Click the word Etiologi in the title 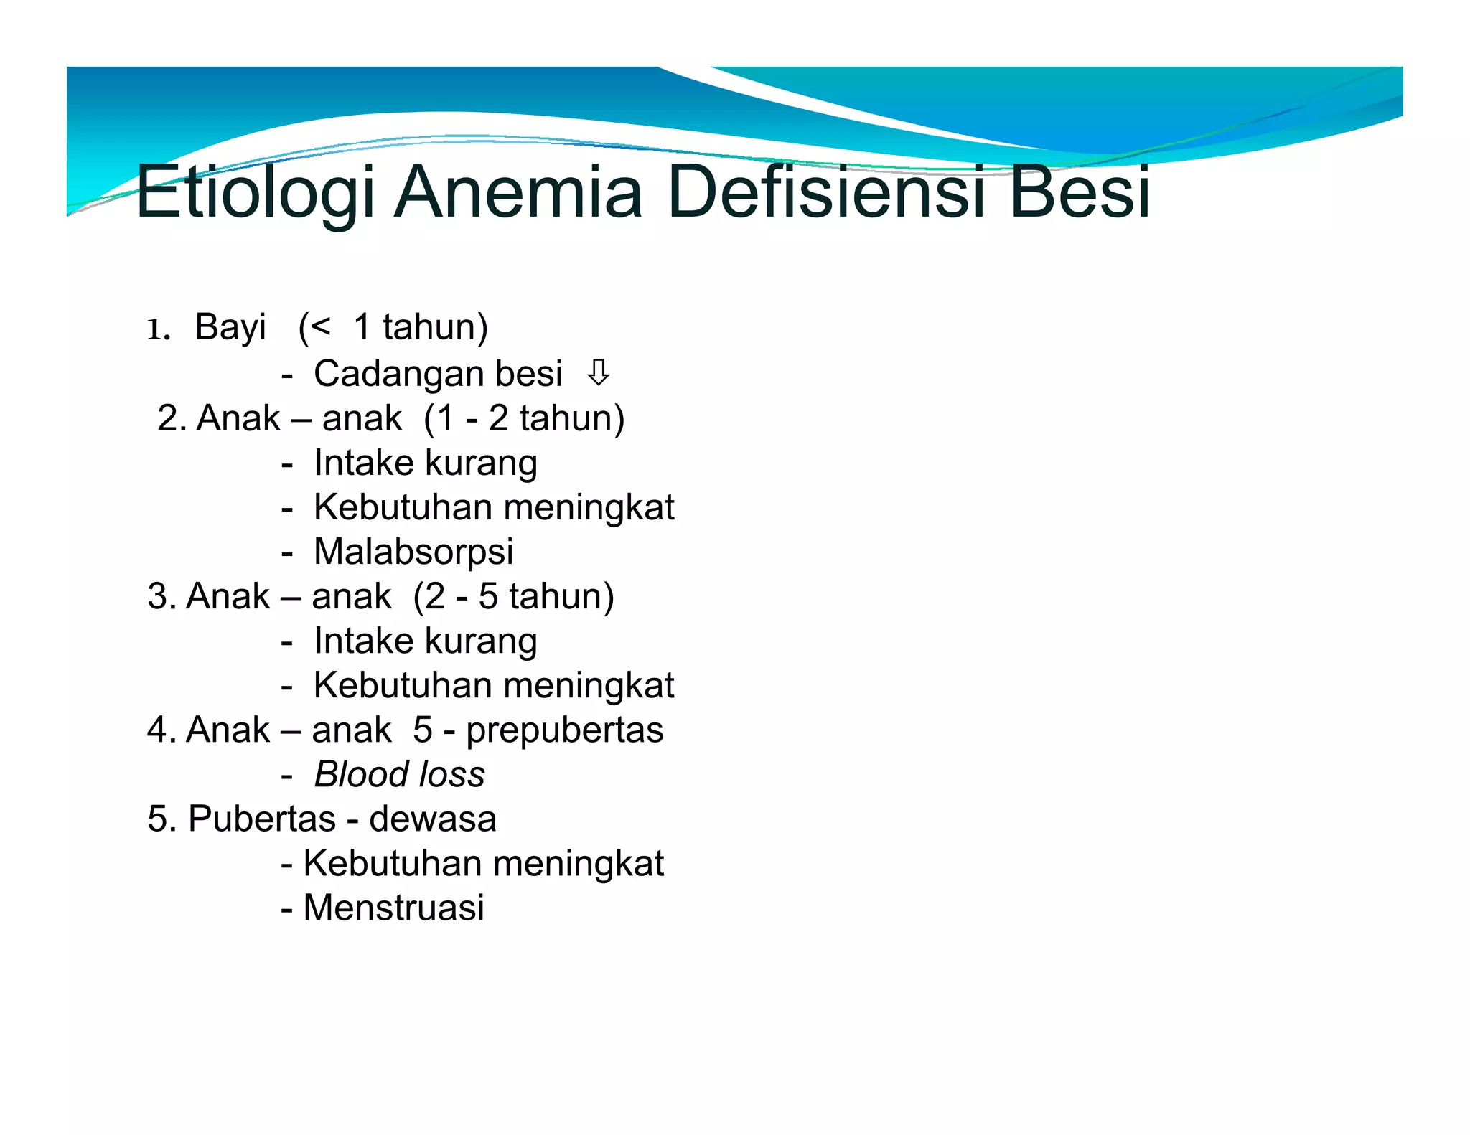[x=255, y=192]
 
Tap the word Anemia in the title [x=518, y=192]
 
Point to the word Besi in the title [x=1080, y=192]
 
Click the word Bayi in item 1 [x=230, y=328]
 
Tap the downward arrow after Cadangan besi [x=598, y=372]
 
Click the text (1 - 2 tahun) [x=524, y=418]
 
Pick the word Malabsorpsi [x=413, y=552]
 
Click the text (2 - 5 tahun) [x=513, y=596]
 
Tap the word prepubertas [x=564, y=730]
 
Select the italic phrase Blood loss [x=399, y=775]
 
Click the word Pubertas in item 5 [x=261, y=819]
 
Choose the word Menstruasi [x=393, y=908]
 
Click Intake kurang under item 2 [x=425, y=463]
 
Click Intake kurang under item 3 [x=425, y=641]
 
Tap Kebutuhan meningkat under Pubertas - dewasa [x=483, y=863]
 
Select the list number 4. [x=156, y=730]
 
